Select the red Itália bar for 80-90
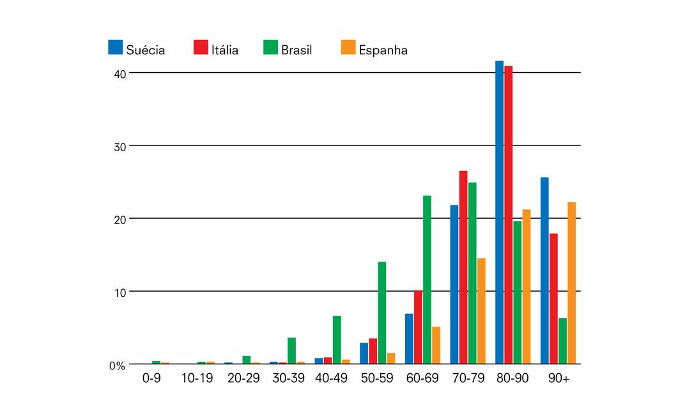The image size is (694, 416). [x=508, y=214]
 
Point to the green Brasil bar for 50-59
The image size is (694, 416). [x=382, y=313]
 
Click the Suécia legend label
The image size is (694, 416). [x=145, y=50]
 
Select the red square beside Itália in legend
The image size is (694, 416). [x=200, y=47]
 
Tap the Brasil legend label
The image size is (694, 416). [x=297, y=50]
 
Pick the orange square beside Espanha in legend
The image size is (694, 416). [x=348, y=47]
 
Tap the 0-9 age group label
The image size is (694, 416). [x=152, y=378]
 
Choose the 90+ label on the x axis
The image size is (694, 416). [x=559, y=378]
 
